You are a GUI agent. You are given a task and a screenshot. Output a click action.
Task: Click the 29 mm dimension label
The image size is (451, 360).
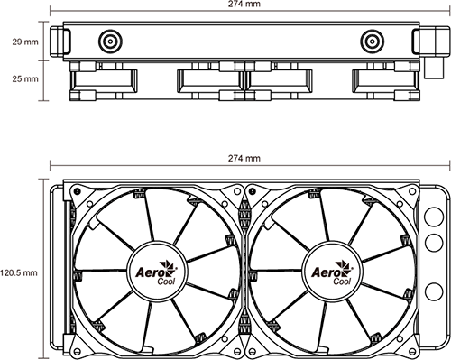(25, 42)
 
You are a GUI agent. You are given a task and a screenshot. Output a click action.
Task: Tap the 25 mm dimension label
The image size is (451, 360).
(25, 79)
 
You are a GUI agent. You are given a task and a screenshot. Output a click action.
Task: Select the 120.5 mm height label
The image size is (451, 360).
(19, 273)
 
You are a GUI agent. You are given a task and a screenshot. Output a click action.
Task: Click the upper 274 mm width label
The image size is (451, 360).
(244, 4)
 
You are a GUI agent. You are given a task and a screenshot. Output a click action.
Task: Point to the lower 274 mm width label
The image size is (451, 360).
(244, 158)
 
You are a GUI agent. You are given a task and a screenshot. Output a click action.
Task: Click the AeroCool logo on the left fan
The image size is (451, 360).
(156, 272)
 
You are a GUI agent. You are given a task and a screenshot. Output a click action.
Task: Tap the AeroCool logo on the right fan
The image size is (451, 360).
(332, 272)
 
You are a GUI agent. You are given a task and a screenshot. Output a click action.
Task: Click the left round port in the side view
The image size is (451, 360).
(110, 42)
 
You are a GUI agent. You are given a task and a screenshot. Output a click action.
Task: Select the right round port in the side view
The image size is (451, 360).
(373, 42)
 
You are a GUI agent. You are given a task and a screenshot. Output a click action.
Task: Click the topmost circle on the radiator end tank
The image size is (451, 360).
(434, 217)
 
